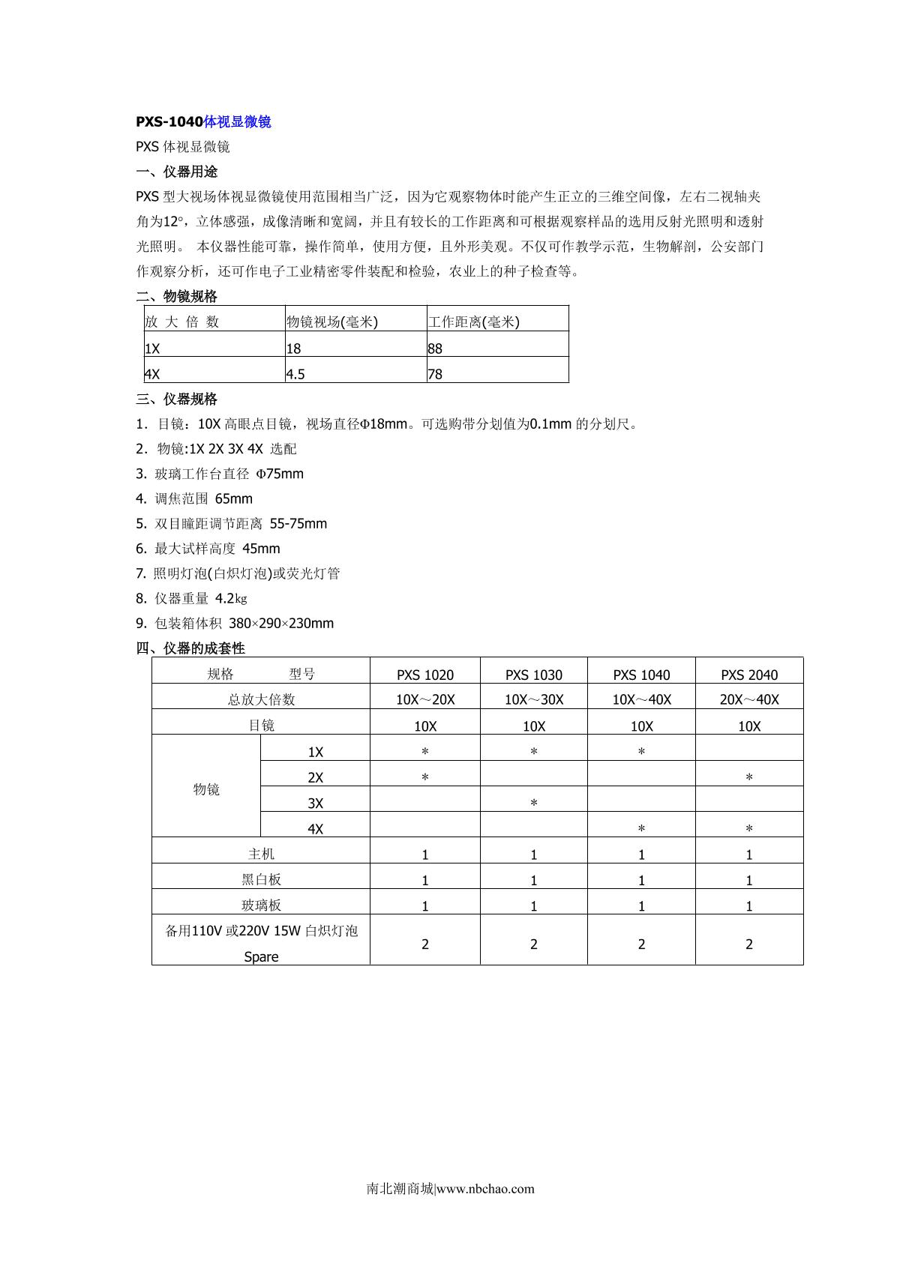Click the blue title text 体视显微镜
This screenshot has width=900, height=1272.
(x=237, y=122)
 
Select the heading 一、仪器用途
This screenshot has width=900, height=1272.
(x=177, y=172)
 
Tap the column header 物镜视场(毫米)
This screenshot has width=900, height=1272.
(x=332, y=322)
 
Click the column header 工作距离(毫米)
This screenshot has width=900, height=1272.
(x=474, y=322)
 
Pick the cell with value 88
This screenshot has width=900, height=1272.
(x=435, y=349)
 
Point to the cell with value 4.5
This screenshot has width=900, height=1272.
(x=295, y=374)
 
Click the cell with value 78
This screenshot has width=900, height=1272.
(x=435, y=374)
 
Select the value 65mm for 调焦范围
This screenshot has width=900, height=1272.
(x=234, y=499)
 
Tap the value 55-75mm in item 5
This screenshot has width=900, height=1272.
(x=298, y=524)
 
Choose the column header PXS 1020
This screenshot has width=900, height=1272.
(x=425, y=675)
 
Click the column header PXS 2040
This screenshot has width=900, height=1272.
(x=749, y=675)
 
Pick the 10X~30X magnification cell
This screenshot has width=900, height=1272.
(x=534, y=700)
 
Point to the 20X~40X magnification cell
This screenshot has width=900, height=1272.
(x=749, y=700)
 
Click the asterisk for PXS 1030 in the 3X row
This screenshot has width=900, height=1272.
(x=534, y=804)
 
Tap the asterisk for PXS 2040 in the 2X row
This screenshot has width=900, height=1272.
(x=749, y=778)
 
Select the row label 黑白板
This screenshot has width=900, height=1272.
(x=261, y=880)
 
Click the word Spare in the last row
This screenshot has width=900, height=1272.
(x=261, y=957)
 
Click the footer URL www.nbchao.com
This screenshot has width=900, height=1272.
(x=485, y=1189)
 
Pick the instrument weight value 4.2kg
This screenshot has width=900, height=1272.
(x=231, y=599)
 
